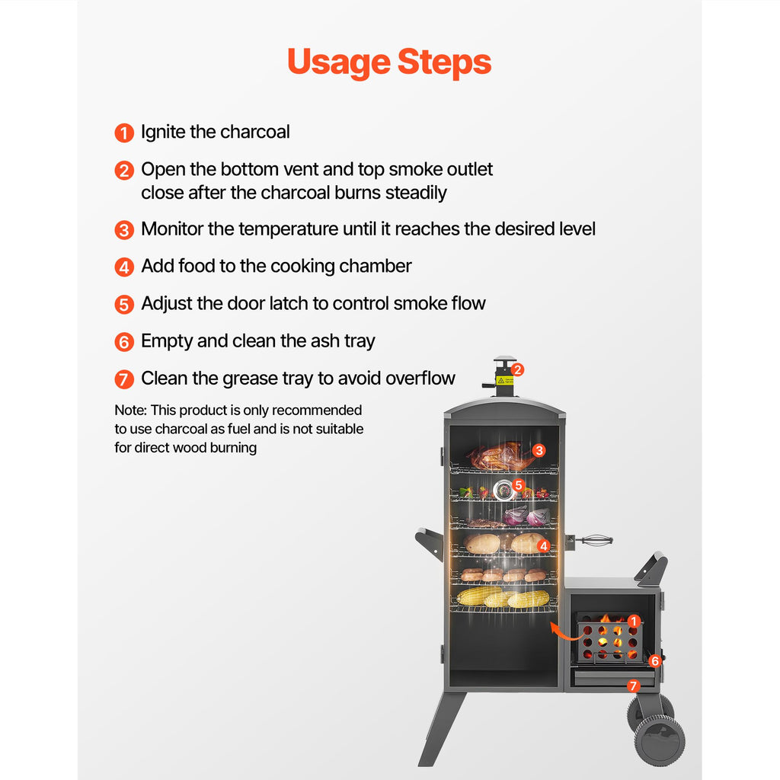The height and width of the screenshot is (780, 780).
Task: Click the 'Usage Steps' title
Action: pos(389,62)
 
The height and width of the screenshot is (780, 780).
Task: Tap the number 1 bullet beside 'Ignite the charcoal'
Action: pos(124,133)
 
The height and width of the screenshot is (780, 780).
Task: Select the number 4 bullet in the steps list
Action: pos(124,267)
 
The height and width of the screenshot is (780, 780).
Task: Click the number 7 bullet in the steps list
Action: pos(124,379)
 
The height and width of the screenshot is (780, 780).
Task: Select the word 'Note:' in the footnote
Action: pos(131,410)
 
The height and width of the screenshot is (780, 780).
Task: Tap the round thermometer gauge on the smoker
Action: pos(503,491)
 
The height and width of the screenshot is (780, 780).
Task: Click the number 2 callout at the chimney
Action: pos(517,369)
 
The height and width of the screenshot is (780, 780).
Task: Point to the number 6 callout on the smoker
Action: pos(654,660)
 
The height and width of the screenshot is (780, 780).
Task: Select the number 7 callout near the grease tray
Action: pos(633,686)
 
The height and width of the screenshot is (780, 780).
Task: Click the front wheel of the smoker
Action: pos(659,741)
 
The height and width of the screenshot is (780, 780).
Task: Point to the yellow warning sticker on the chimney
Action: pos(505,381)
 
